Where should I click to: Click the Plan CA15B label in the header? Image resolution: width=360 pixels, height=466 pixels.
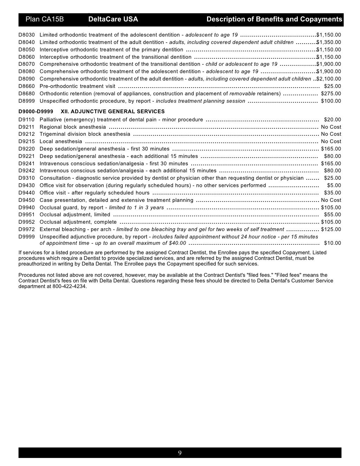tap(44, 19)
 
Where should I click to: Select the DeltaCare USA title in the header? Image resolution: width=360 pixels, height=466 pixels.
tap(113, 19)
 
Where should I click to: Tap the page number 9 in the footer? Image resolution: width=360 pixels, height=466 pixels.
tap(180, 453)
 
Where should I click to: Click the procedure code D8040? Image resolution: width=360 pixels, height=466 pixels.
tap(27, 42)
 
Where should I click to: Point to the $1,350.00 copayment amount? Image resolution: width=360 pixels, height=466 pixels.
tap(329, 42)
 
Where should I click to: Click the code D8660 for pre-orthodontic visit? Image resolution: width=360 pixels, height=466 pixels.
tap(27, 86)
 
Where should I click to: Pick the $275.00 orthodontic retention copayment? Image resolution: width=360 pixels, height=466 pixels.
tap(331, 94)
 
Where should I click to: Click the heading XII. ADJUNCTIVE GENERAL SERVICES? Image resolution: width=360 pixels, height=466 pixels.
tap(112, 111)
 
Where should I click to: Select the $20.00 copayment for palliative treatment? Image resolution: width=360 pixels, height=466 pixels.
tap(332, 120)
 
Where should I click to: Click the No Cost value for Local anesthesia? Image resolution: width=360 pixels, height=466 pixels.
tap(331, 141)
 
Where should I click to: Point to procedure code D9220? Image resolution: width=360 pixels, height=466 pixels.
tap(27, 149)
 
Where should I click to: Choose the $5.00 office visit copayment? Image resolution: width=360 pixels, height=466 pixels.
tap(334, 185)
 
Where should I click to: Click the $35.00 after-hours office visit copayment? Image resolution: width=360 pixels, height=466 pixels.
tap(332, 193)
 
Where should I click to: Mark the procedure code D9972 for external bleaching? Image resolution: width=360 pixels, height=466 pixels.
tap(27, 229)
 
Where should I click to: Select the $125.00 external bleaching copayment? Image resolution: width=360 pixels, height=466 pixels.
tap(331, 229)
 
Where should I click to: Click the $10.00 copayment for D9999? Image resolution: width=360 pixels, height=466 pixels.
tap(332, 243)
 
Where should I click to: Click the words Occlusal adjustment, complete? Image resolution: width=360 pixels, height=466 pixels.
tap(78, 222)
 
